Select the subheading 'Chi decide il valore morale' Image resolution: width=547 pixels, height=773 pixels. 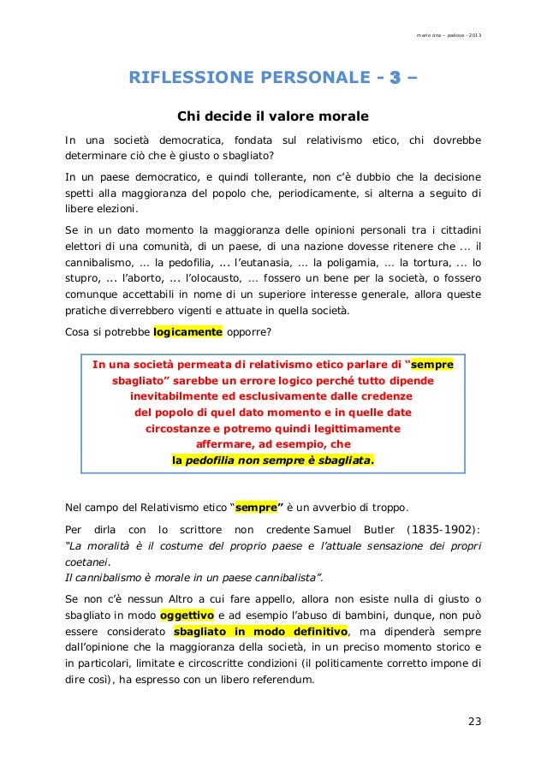click(x=272, y=116)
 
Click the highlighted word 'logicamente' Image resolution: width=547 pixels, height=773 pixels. click(x=187, y=332)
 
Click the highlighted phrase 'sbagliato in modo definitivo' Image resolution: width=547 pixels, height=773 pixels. click(x=260, y=631)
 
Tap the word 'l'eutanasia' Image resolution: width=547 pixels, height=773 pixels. click(x=255, y=261)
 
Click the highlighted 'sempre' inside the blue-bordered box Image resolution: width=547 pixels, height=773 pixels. click(x=432, y=365)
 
